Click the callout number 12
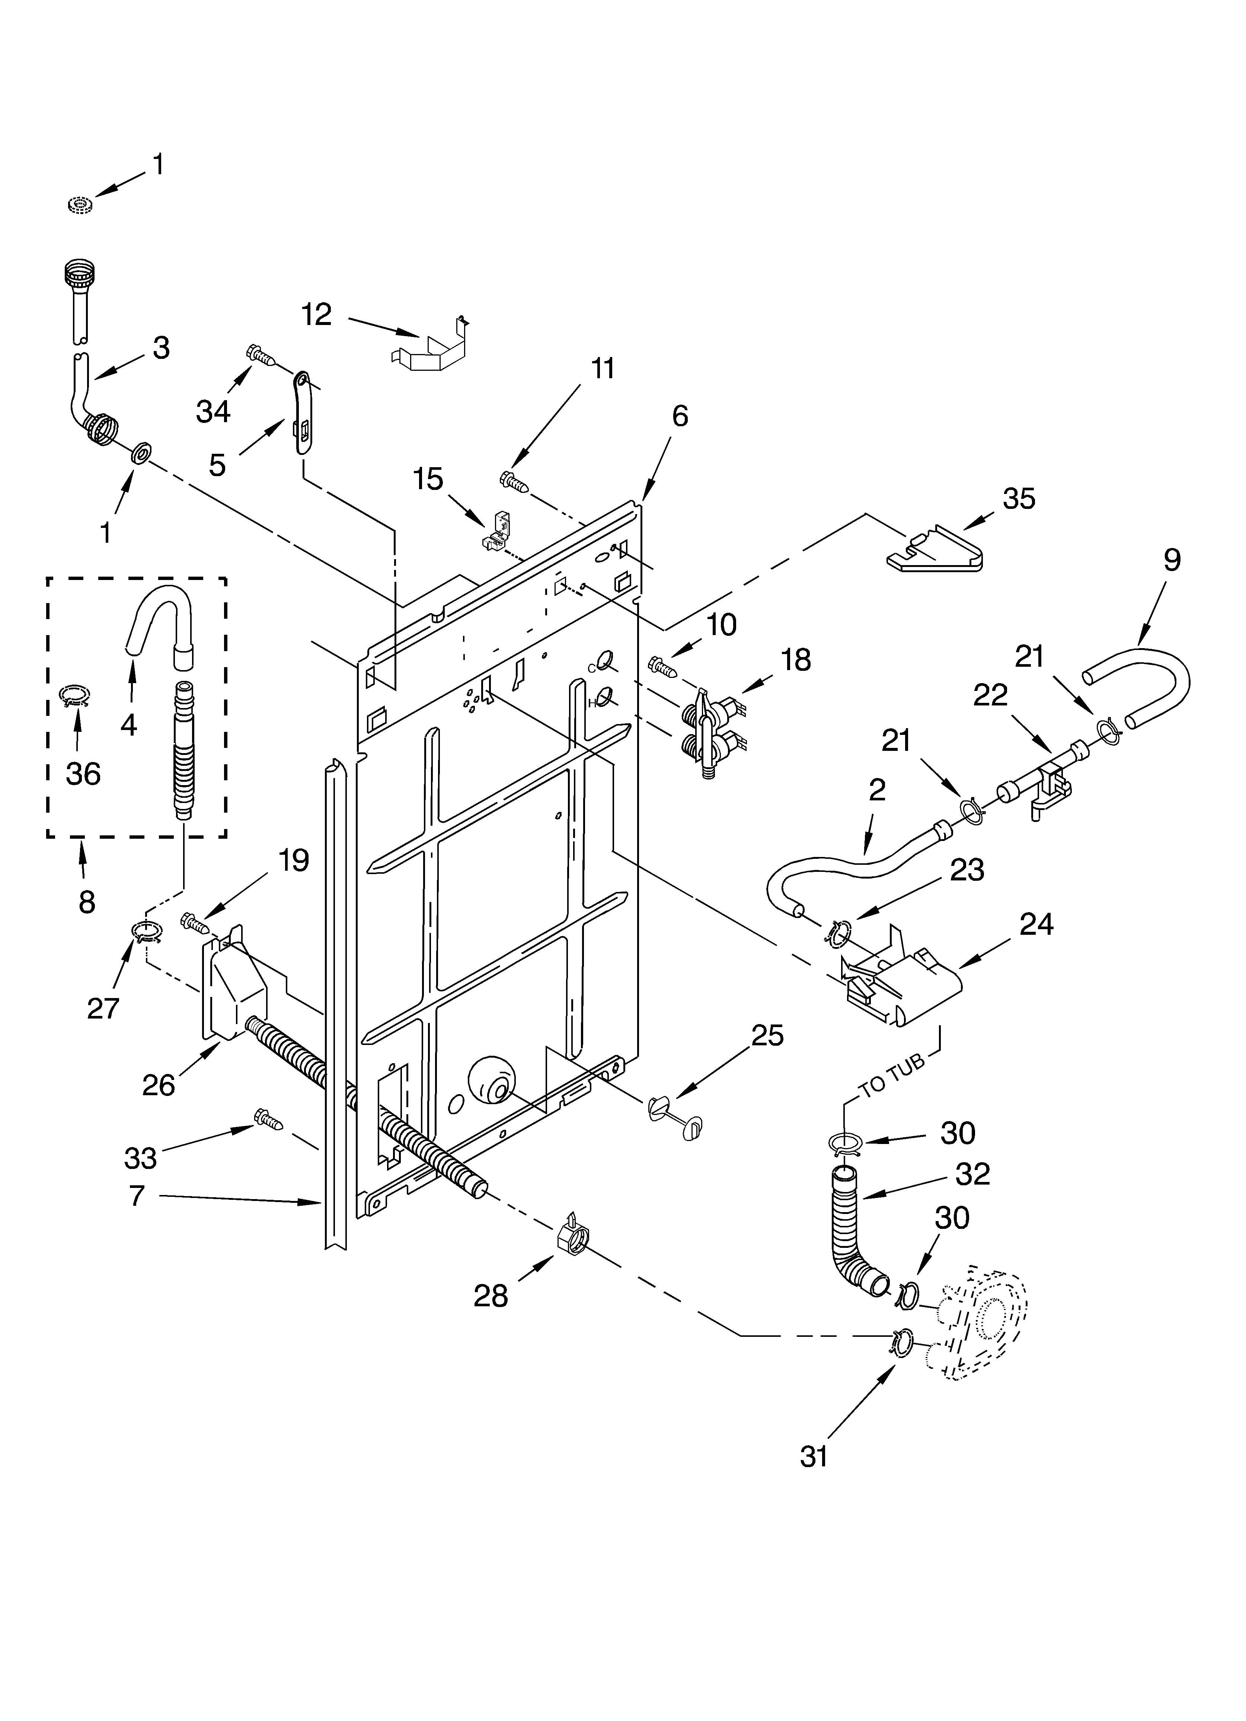click(316, 314)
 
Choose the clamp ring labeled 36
click(75, 694)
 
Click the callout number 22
click(990, 694)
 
